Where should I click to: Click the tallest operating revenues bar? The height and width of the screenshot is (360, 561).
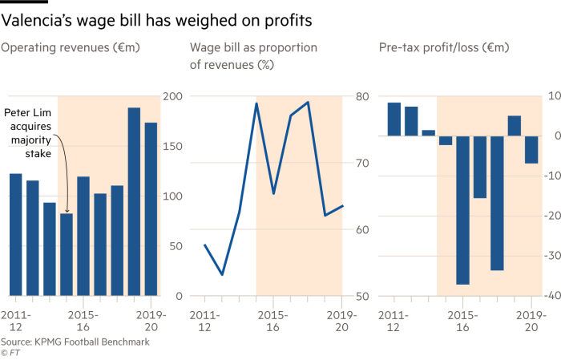click(134, 200)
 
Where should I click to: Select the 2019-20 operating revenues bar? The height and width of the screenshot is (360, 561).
click(150, 208)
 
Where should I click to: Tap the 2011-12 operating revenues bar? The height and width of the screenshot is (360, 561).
click(15, 233)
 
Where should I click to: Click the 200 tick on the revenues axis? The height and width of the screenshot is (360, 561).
click(173, 96)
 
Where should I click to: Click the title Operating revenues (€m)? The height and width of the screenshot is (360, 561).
click(71, 48)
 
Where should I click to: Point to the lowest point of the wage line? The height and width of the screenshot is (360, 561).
click(222, 275)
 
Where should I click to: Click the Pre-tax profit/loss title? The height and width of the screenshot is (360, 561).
click(444, 48)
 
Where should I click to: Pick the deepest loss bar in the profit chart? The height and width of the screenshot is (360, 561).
click(462, 209)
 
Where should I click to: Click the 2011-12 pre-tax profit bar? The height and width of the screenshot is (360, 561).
click(394, 119)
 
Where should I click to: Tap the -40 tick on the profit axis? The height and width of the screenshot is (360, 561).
click(550, 296)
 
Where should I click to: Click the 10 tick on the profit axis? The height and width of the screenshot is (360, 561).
click(552, 96)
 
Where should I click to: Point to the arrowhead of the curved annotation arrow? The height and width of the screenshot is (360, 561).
click(66, 211)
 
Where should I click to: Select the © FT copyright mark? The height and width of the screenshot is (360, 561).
click(10, 352)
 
